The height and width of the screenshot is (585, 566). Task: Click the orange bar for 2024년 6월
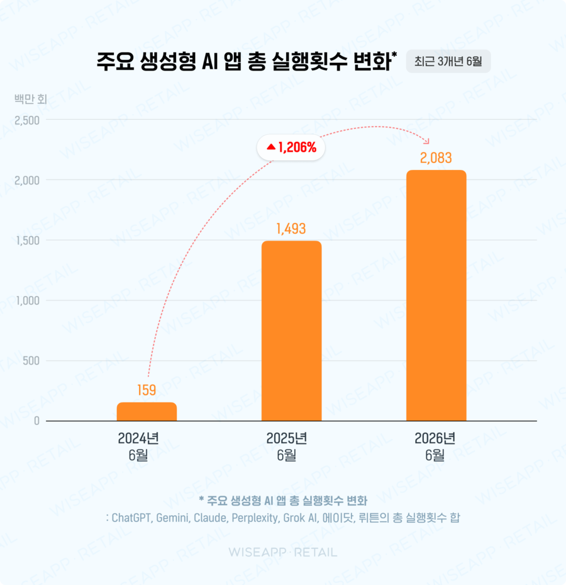pos(147,411)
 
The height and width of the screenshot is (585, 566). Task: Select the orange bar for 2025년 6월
pos(291,331)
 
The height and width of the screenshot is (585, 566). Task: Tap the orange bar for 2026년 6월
pos(436,295)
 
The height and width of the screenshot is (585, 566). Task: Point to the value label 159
pos(147,390)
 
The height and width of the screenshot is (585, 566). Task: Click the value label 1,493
pos(291,229)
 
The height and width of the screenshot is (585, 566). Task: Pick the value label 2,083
pos(436,158)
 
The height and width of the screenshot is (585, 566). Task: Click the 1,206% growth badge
pos(291,147)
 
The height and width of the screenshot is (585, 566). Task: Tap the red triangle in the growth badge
pos(271,147)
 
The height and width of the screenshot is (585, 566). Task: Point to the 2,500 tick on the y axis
pos(27,120)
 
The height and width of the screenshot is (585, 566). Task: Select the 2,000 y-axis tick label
pos(27,181)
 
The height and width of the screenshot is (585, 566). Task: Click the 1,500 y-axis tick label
pos(28,241)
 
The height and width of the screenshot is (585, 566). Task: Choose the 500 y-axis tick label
pos(31,361)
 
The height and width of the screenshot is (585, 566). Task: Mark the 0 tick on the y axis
pos(36,421)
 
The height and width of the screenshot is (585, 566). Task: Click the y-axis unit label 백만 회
pos(31,99)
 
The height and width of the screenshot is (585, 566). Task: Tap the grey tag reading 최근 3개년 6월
pos(448,61)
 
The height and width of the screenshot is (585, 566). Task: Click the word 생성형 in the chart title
pos(168,61)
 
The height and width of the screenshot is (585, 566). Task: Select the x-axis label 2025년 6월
pos(287,446)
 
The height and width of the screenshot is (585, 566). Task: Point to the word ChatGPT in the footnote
pos(132,518)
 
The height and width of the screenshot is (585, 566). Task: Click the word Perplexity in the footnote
pos(255,518)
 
